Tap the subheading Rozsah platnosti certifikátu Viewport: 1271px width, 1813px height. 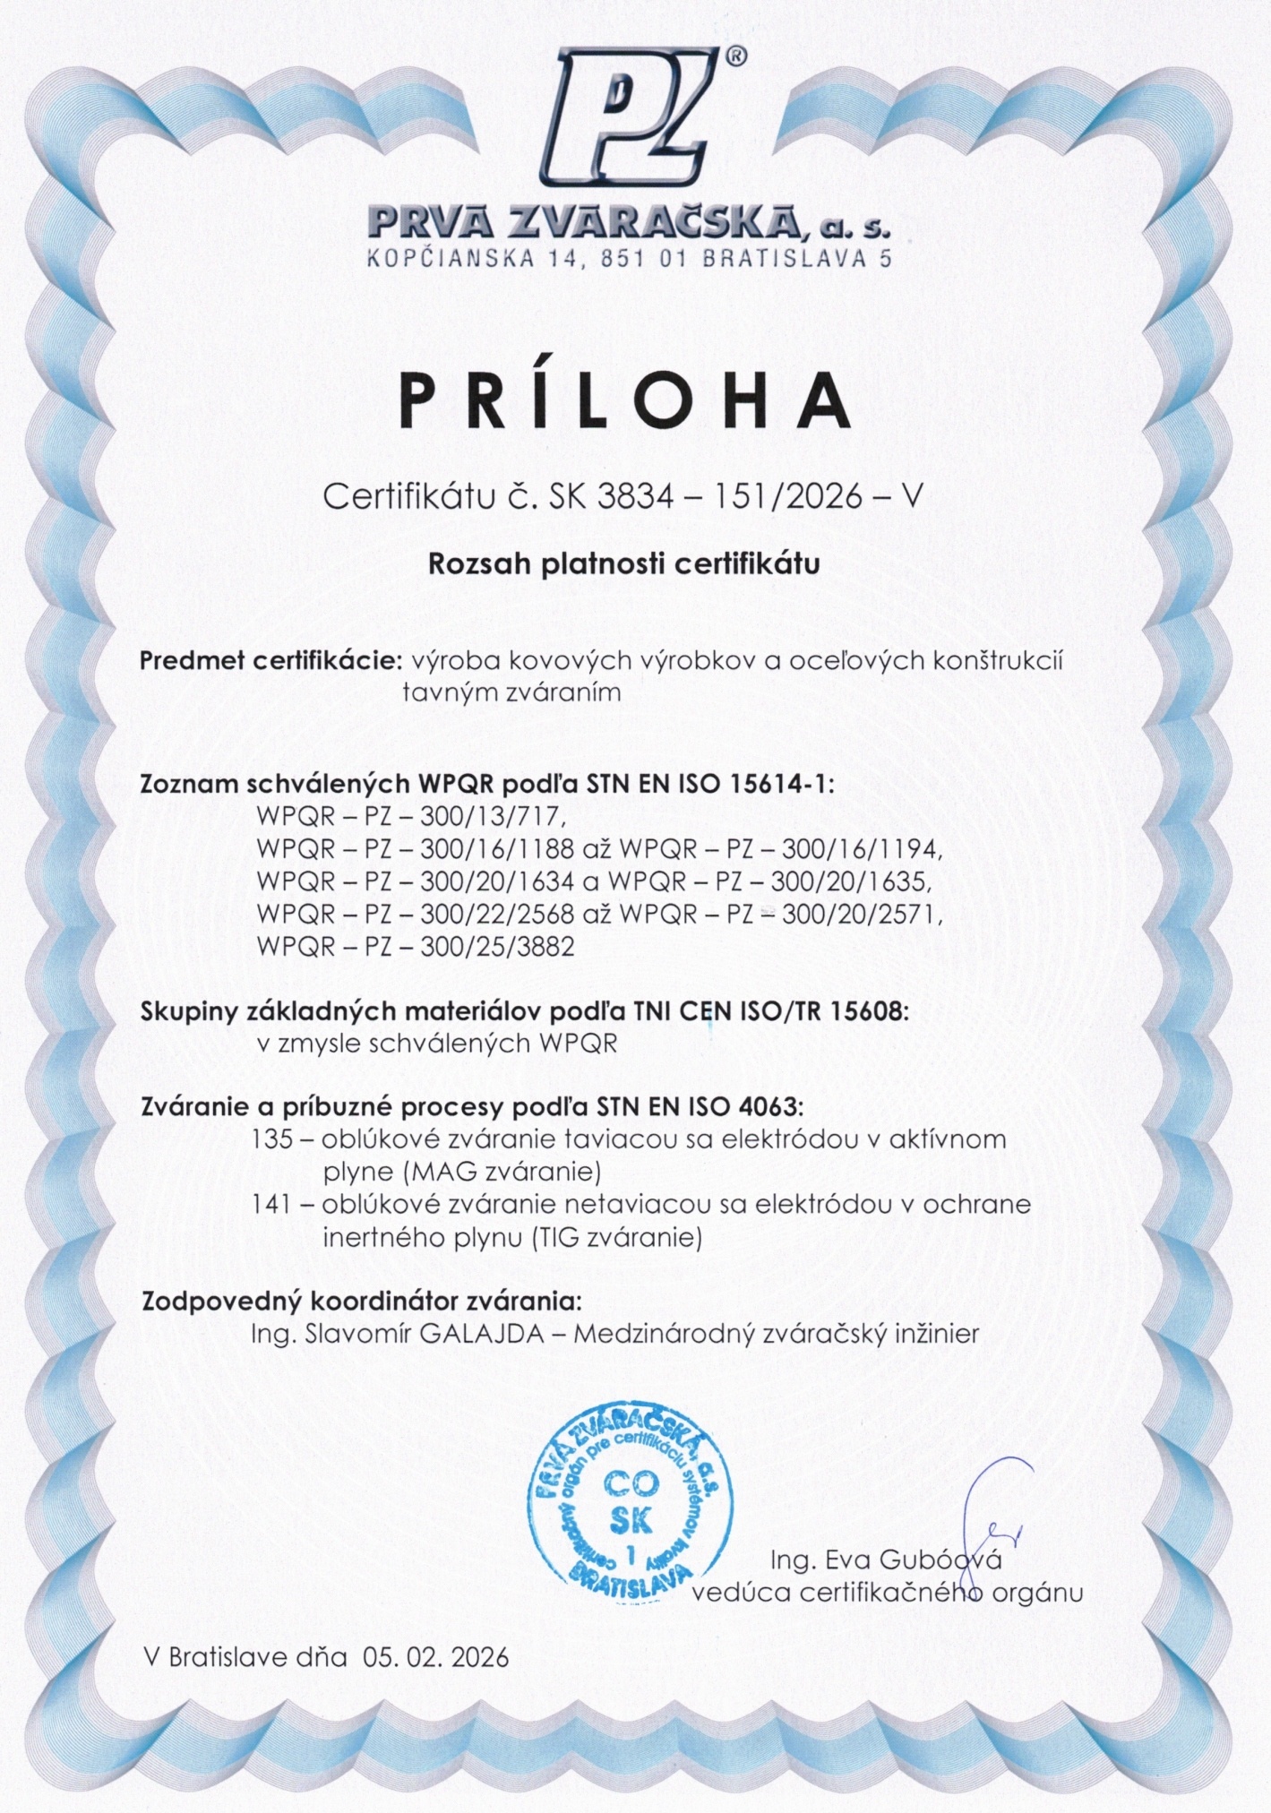624,564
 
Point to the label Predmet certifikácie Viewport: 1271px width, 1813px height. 271,661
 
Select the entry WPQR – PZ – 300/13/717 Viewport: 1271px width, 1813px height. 411,817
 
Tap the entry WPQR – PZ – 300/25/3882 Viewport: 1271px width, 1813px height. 415,946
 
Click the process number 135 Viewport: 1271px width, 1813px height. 273,1139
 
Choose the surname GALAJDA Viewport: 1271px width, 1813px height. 482,1333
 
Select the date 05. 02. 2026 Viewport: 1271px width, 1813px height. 435,1656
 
